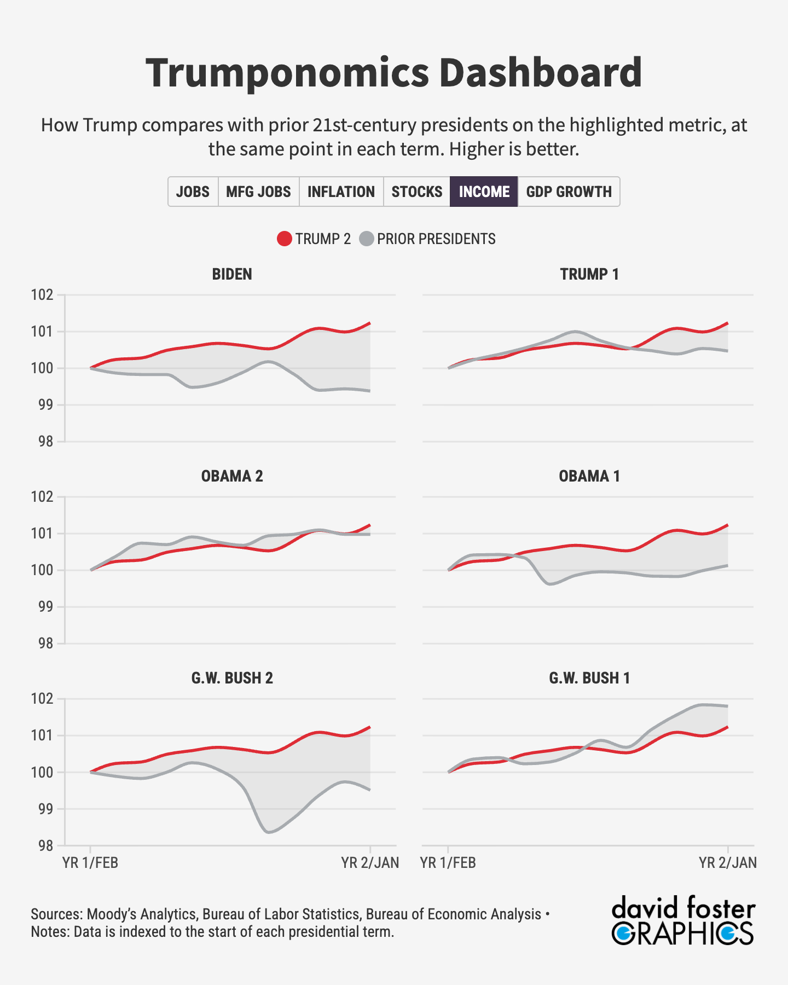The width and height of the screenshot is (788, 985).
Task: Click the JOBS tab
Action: pos(193,192)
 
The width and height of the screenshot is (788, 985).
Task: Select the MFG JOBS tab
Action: pos(258,192)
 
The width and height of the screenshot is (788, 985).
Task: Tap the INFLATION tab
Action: pos(341,192)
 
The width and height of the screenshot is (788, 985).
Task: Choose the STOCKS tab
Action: pos(416,192)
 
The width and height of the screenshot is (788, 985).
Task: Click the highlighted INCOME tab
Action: pos(484,192)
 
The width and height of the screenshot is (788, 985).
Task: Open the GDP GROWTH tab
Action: pos(569,192)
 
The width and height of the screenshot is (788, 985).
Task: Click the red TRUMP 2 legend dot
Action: pos(285,239)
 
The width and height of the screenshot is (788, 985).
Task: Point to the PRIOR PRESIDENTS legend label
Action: pos(436,239)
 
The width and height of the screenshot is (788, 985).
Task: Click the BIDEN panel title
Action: pos(232,274)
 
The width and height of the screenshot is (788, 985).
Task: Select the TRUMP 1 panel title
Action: pos(589,274)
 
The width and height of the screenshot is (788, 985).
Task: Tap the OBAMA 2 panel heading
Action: pos(232,476)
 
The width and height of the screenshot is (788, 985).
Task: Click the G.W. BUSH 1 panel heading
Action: pos(589,678)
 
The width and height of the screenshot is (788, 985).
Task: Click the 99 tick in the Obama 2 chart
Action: pos(46,607)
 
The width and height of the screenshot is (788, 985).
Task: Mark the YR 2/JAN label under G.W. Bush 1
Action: pos(727,863)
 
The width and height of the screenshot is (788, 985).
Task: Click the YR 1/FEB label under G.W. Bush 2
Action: pos(90,863)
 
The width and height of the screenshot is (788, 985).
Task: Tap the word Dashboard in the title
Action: pos(540,73)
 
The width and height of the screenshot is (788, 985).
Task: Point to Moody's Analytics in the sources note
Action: pos(141,914)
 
